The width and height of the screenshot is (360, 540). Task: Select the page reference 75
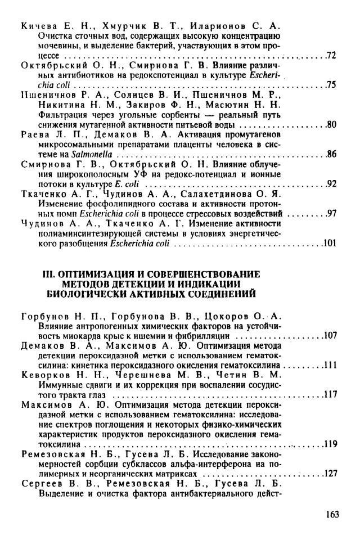click(331, 85)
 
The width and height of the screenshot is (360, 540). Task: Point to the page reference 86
click(331, 154)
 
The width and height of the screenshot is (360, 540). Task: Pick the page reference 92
click(331, 183)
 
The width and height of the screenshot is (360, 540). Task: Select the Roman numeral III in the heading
click(66, 274)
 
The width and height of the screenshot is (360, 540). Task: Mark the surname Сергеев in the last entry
click(41, 483)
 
